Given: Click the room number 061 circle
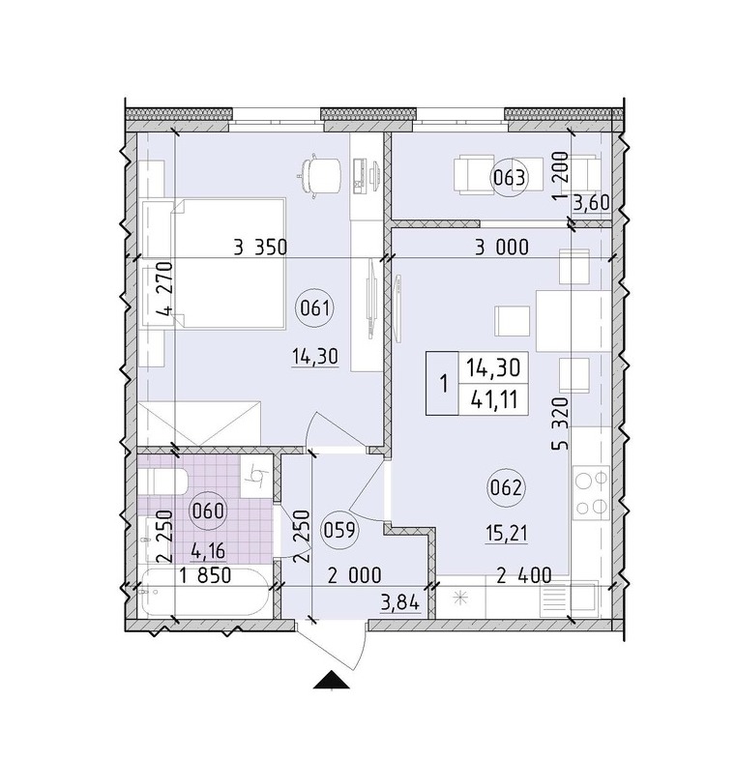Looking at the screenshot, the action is coord(314,307).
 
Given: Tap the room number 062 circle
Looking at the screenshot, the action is coord(505,488).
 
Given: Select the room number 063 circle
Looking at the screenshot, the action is coord(509,179).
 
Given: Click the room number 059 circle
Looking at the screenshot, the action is coord(339,531).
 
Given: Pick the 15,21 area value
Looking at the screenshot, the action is coord(507,534).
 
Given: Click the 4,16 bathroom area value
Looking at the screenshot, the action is coord(208,551).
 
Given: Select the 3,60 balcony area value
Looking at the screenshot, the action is coord(591,203).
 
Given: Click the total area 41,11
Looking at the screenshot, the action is coord(493,400).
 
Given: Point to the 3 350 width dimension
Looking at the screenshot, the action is coord(260,248).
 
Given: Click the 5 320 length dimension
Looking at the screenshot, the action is coord(561,423).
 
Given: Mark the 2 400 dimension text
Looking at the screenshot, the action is coord(524,575).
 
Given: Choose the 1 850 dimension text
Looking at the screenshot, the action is coord(205,575).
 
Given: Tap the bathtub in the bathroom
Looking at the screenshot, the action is coord(203,592).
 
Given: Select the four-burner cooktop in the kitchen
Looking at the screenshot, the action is coord(591,492).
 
